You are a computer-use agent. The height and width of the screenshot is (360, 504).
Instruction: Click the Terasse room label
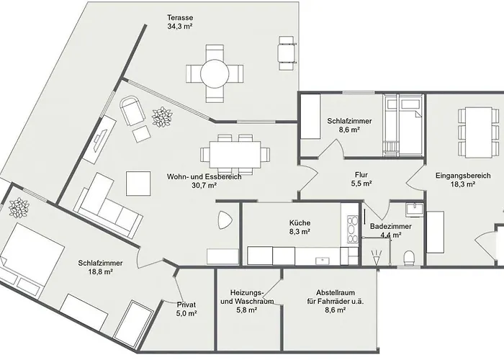coord(180,18)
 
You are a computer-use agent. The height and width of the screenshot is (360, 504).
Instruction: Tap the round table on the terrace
coord(215,73)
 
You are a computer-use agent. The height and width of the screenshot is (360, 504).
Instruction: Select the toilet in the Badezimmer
coord(409,258)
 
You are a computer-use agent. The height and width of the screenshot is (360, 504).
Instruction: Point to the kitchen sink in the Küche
coord(321,260)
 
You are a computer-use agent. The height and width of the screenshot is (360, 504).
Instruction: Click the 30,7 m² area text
coord(204,186)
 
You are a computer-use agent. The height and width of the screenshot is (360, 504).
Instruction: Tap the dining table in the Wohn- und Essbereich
coord(235,155)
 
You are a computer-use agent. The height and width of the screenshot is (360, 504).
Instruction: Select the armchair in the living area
coord(132,111)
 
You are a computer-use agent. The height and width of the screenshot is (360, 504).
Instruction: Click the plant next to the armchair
coord(162,117)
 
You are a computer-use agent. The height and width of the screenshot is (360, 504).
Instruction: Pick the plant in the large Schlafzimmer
coord(19,208)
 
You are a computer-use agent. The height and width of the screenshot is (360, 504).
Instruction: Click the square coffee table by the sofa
coord(138,184)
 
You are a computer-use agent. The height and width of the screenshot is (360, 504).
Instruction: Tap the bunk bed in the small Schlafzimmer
coord(402,125)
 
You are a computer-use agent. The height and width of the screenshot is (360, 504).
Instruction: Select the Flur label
coord(361,175)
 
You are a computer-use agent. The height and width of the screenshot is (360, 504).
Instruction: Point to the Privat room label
coord(186,305)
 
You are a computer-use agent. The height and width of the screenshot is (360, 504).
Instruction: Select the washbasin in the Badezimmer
coord(415,210)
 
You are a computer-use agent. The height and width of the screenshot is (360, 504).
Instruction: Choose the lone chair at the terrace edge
coord(286,53)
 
